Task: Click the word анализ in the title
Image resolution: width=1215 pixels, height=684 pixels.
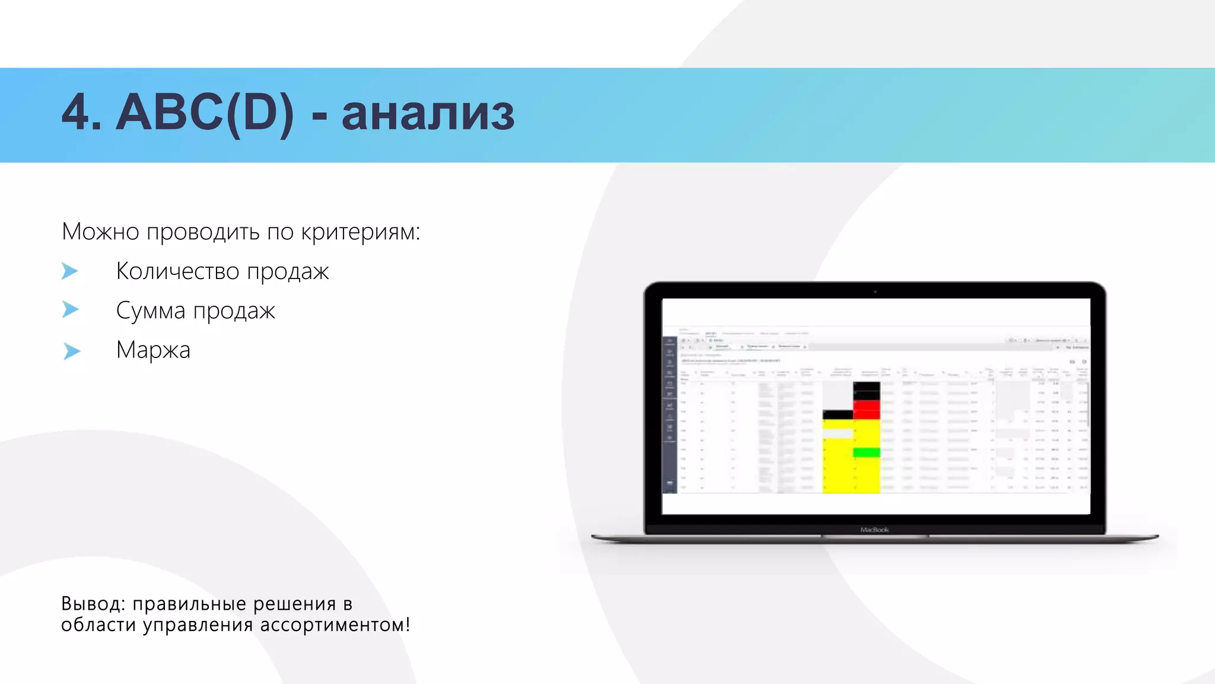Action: pos(428,113)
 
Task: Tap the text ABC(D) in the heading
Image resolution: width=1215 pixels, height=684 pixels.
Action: pos(205,113)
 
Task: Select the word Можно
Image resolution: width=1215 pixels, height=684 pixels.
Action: pos(100,232)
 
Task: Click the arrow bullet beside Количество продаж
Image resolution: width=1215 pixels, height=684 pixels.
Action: pos(70,271)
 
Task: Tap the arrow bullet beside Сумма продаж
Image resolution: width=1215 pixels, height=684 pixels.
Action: pos(70,309)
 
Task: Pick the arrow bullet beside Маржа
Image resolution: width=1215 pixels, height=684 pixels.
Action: pos(71,351)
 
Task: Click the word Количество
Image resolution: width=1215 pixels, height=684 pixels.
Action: pos(177,271)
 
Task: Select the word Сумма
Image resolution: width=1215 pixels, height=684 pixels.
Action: pos(151,311)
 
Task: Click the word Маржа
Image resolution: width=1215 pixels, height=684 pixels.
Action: pos(153,350)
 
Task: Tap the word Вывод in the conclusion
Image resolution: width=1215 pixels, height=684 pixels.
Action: pos(93,604)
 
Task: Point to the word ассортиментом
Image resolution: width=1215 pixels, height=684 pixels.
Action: pos(335,625)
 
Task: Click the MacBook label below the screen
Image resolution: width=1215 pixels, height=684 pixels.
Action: pos(874,530)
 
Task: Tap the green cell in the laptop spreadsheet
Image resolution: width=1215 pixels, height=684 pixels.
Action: pos(866,453)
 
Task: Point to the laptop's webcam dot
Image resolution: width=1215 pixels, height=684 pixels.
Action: pos(874,292)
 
